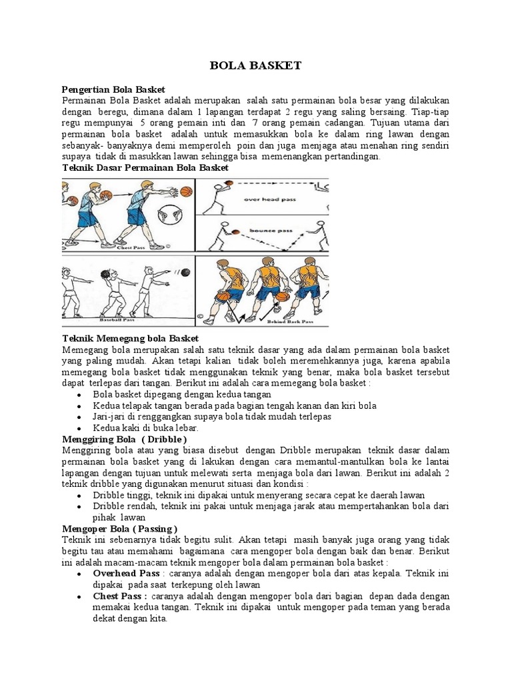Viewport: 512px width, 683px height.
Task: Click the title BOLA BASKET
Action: (x=255, y=65)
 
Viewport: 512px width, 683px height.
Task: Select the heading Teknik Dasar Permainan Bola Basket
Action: (x=145, y=168)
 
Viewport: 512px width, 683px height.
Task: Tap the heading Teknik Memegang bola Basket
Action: (x=130, y=339)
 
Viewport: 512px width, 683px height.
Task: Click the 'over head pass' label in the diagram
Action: (x=265, y=199)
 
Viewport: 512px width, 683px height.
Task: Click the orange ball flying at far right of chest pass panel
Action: (x=186, y=193)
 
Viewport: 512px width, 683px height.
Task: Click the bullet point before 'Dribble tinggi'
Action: (x=79, y=495)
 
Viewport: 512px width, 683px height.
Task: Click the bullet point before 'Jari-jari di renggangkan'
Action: (x=79, y=417)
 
